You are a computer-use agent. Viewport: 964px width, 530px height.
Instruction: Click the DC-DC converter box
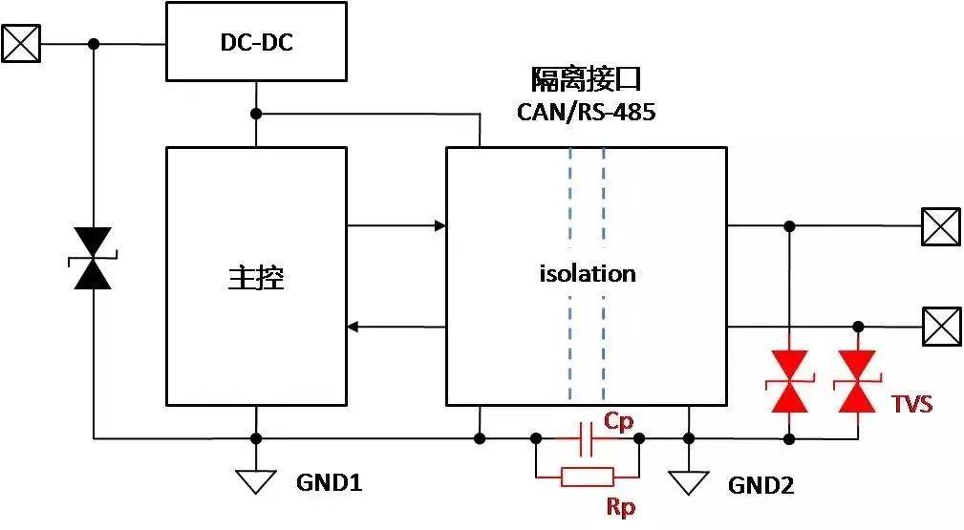[x=255, y=42]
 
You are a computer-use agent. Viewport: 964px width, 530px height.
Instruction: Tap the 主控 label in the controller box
[x=256, y=277]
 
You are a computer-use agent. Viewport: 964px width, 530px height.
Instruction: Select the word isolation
[x=587, y=274]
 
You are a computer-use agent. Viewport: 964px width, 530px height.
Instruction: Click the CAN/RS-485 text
[x=587, y=113]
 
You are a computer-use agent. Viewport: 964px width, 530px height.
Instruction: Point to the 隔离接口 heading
[x=586, y=79]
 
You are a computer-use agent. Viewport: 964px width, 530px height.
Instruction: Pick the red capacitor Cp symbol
[x=588, y=438]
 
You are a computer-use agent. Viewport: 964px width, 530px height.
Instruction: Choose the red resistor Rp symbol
[x=588, y=477]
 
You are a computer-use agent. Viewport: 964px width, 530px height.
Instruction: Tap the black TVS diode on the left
[x=93, y=258]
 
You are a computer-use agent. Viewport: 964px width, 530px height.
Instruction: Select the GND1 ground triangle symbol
[x=256, y=481]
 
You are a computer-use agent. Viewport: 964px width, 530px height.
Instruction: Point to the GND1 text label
[x=329, y=483]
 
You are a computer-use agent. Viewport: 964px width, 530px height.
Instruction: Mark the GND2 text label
[x=761, y=486]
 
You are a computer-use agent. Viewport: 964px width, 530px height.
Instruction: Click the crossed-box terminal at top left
[x=21, y=43]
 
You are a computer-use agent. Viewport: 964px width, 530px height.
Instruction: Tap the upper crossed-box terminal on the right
[x=941, y=226]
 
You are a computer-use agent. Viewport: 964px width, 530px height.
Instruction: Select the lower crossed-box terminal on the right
[x=941, y=327]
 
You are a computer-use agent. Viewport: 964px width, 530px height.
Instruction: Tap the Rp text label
[x=621, y=505]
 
